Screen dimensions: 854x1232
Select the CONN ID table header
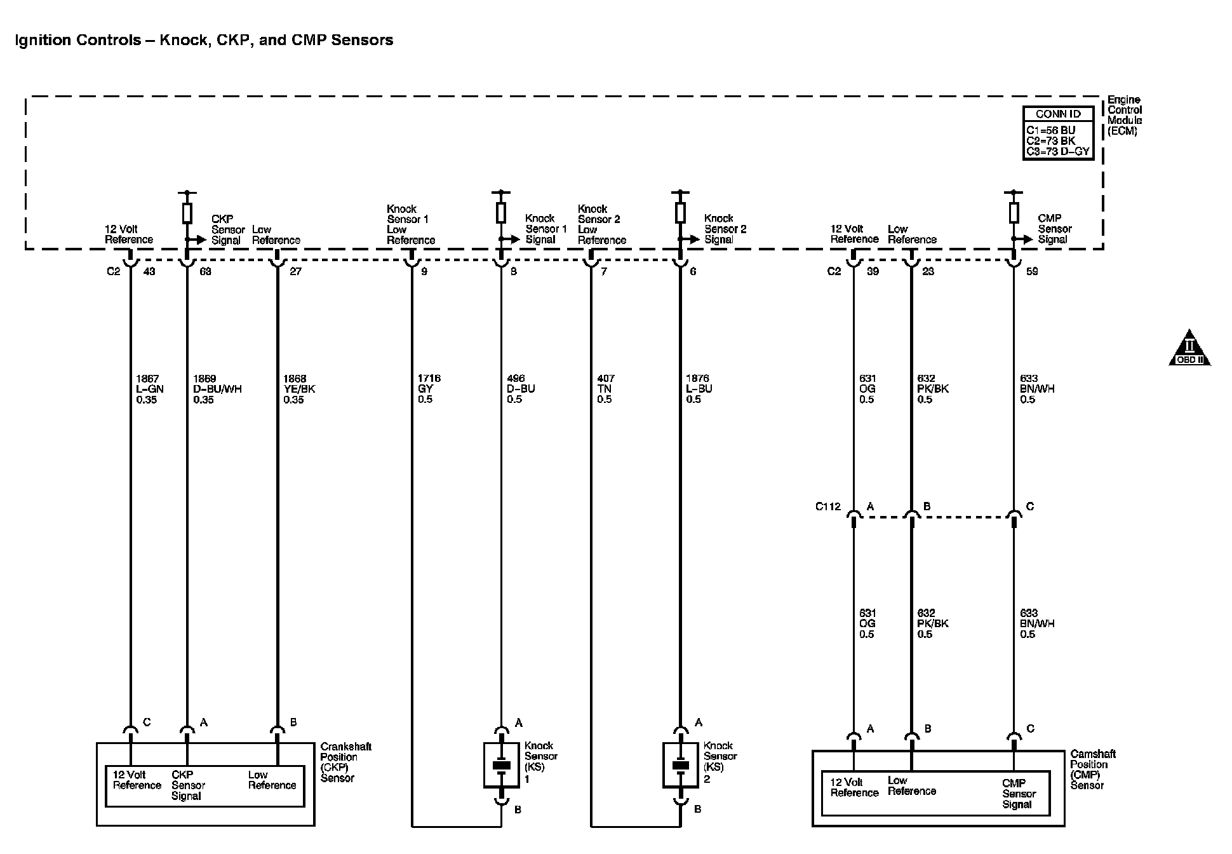click(x=1057, y=114)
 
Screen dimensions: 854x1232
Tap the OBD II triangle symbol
click(x=1189, y=349)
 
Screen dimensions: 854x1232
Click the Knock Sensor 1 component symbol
click(x=501, y=765)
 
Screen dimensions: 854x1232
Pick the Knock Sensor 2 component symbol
click(x=680, y=765)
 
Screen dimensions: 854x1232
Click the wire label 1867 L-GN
click(x=147, y=389)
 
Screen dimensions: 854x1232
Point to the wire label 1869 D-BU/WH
click(x=217, y=389)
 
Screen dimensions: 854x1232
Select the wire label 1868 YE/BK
click(x=299, y=389)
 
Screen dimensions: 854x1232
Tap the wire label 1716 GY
click(x=429, y=389)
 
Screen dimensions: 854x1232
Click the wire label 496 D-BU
click(x=521, y=389)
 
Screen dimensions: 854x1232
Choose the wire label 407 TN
click(x=605, y=389)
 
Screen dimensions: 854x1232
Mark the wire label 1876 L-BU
click(x=699, y=389)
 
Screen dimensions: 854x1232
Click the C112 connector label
click(x=827, y=506)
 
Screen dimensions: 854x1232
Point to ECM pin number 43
click(x=149, y=271)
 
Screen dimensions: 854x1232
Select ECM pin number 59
click(x=1032, y=271)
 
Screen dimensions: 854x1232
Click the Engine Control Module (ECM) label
click(x=1125, y=116)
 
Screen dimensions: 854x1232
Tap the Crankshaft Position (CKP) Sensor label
click(x=346, y=762)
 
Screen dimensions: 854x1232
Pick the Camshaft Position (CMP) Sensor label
click(x=1093, y=769)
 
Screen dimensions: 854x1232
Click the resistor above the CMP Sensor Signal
click(x=1014, y=212)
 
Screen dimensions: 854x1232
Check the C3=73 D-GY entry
click(x=1058, y=151)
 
